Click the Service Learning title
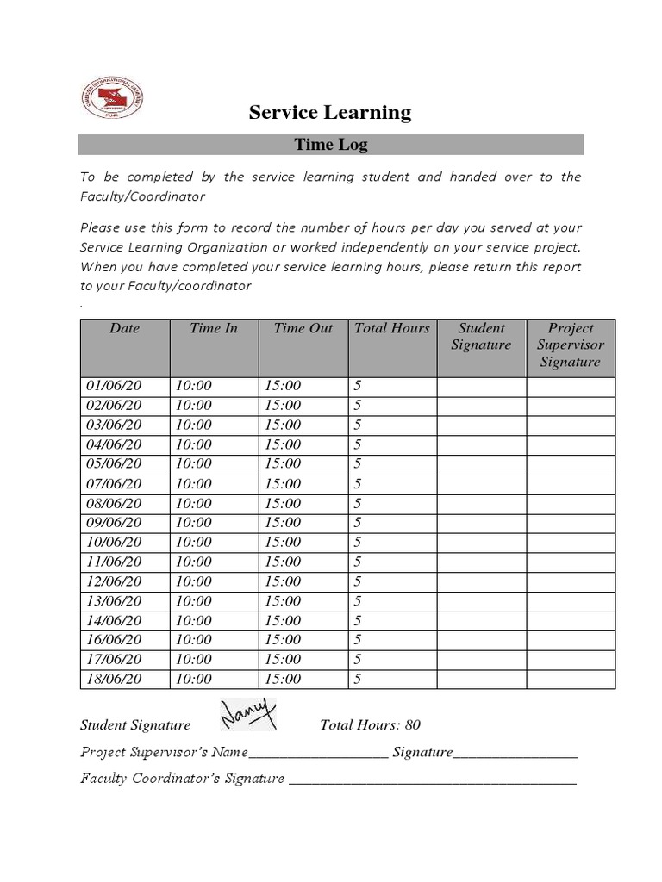click(x=330, y=112)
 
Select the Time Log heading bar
click(x=331, y=145)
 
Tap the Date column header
click(x=124, y=328)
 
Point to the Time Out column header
click(x=303, y=328)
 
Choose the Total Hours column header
click(x=391, y=328)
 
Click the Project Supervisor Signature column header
click(x=571, y=345)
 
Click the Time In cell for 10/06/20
click(x=193, y=543)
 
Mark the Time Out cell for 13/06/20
click(x=283, y=601)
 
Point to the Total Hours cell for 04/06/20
click(x=358, y=444)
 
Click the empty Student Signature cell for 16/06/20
click(x=481, y=640)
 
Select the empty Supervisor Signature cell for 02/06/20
click(x=571, y=406)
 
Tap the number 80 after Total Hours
click(x=412, y=725)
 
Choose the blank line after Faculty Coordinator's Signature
click(x=432, y=780)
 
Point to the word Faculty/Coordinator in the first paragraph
click(x=142, y=196)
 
